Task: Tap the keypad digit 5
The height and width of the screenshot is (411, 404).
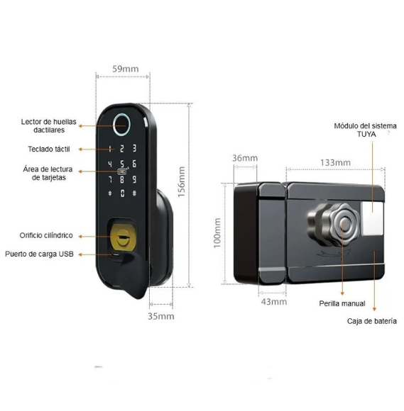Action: [122, 164]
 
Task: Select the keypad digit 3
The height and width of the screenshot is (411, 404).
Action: [134, 148]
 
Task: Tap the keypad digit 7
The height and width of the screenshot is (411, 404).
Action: [110, 179]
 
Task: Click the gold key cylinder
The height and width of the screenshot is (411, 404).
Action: [123, 237]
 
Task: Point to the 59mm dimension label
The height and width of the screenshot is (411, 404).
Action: [125, 69]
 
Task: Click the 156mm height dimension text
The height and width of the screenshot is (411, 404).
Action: [182, 182]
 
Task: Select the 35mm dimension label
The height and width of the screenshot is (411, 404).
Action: [160, 316]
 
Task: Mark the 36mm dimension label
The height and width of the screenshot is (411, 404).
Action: [245, 158]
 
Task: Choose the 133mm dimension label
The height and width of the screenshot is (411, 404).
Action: [335, 162]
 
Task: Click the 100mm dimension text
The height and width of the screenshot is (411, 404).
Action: [217, 233]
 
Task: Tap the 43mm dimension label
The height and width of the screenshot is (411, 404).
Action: [273, 302]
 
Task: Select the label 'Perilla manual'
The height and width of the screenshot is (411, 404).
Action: [342, 303]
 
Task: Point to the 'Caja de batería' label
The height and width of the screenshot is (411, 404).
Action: [371, 321]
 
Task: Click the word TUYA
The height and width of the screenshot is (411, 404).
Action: [366, 134]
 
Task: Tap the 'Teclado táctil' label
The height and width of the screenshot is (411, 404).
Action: [49, 149]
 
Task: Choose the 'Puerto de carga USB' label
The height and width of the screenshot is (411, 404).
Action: [39, 254]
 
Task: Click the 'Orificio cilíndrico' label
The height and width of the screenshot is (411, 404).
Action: [46, 235]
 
